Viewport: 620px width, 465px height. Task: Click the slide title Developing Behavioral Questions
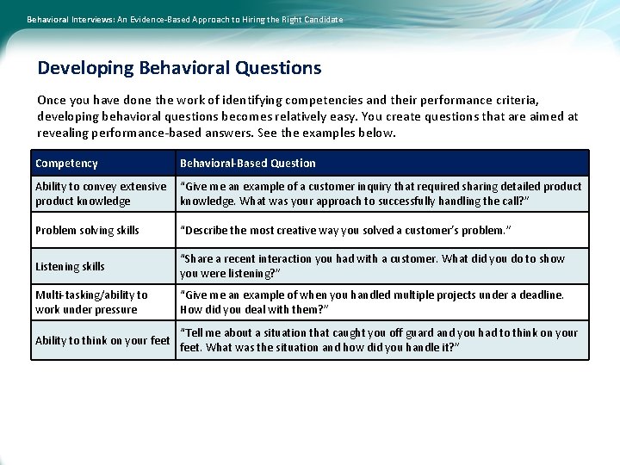click(179, 68)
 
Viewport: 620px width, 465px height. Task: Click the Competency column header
click(66, 163)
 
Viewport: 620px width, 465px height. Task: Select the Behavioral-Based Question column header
click(248, 163)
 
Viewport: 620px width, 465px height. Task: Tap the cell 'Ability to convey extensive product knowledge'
click(101, 194)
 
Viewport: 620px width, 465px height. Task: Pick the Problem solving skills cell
click(87, 230)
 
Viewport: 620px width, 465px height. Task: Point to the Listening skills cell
click(70, 267)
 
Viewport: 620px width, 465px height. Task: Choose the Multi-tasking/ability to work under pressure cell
click(91, 302)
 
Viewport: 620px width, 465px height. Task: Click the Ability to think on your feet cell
click(102, 340)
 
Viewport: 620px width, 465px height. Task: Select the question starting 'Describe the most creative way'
click(344, 230)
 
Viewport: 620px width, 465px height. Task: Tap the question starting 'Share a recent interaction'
click(372, 266)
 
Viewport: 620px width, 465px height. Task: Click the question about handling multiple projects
click(372, 302)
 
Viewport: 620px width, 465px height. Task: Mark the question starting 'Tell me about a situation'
click(379, 340)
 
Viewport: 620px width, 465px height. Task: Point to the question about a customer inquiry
click(381, 194)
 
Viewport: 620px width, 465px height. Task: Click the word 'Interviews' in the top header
click(84, 19)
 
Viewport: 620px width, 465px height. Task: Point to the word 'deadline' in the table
click(540, 294)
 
